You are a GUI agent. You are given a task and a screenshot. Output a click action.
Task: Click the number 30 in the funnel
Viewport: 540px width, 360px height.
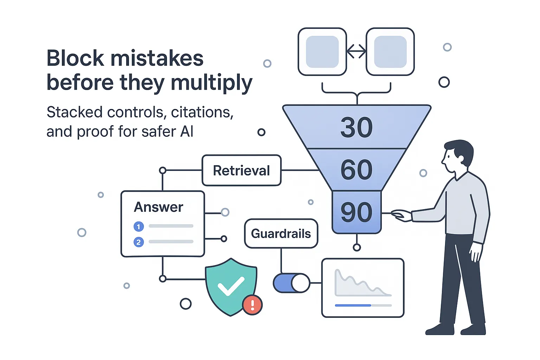pos(356,128)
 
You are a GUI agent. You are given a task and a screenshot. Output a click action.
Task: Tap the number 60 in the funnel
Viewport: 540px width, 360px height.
pos(356,170)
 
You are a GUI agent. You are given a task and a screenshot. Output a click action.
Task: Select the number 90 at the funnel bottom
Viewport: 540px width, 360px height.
pos(356,212)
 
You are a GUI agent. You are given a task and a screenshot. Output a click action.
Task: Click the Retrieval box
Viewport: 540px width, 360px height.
pos(242,171)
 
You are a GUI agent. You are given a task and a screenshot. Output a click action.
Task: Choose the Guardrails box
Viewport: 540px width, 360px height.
pos(281,234)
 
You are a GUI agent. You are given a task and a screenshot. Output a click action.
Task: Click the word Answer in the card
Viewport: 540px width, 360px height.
pos(159,207)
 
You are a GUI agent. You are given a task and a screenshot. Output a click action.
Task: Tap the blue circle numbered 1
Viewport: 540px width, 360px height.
pos(139,226)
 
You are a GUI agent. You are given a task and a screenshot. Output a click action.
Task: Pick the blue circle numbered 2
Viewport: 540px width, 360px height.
pos(139,242)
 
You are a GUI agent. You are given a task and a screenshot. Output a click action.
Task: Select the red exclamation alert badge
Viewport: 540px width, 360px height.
pos(252,304)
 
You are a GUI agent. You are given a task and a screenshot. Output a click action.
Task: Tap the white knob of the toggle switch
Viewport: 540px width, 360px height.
pos(301,283)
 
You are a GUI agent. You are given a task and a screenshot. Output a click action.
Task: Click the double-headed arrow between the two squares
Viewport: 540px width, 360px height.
pos(356,52)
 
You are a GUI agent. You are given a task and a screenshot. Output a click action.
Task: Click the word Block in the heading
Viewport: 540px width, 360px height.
pos(75,58)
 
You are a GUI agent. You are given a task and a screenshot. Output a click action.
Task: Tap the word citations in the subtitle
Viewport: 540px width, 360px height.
pos(202,112)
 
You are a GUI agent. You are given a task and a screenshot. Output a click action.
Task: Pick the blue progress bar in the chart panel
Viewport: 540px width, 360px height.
pos(353,305)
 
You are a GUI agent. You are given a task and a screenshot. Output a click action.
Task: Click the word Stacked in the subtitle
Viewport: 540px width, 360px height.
pos(75,112)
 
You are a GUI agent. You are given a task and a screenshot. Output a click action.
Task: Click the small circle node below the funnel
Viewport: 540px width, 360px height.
pos(357,247)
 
